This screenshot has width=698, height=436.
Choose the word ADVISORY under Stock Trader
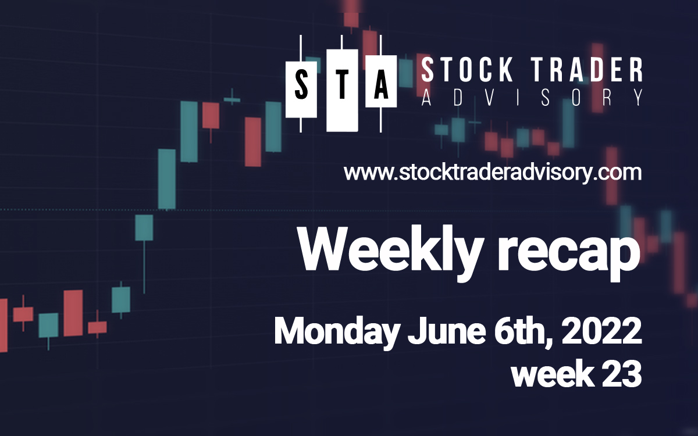tap(532, 98)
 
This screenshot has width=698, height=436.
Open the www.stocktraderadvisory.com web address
tap(493, 173)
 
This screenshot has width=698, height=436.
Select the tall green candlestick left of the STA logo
tap(188, 131)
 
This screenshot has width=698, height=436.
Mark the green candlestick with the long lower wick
tap(144, 228)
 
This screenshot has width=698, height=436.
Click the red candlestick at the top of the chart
tap(351, 15)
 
